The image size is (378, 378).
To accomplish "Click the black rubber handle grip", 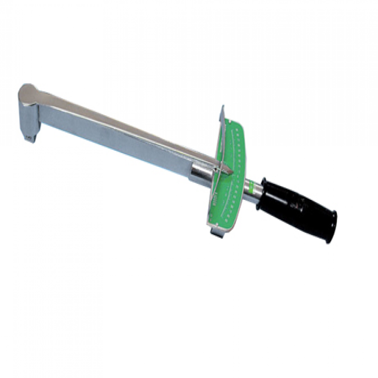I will tap(298, 208).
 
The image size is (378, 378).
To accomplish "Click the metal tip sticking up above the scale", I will tap(222, 113).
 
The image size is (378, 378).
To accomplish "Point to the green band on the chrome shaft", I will tap(258, 185).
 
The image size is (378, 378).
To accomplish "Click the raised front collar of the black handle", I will tap(266, 189).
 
